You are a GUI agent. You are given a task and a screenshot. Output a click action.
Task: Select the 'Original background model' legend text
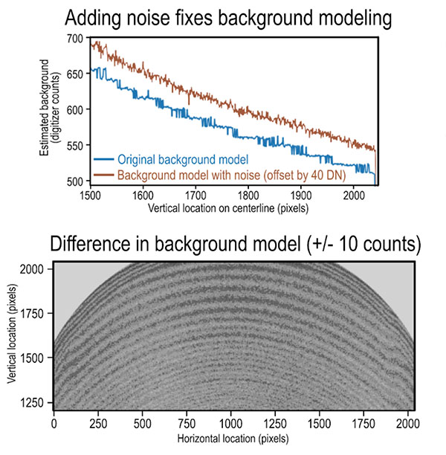coord(182,159)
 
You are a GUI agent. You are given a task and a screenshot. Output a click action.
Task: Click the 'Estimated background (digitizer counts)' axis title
coord(49,109)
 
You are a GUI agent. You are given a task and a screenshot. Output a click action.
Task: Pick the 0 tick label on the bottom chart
coord(54,422)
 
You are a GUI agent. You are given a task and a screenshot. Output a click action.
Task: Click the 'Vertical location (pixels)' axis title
coord(12,336)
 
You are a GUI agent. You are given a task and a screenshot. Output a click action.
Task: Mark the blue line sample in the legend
coord(104,159)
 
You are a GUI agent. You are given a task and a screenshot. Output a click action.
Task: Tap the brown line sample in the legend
coord(104,175)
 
